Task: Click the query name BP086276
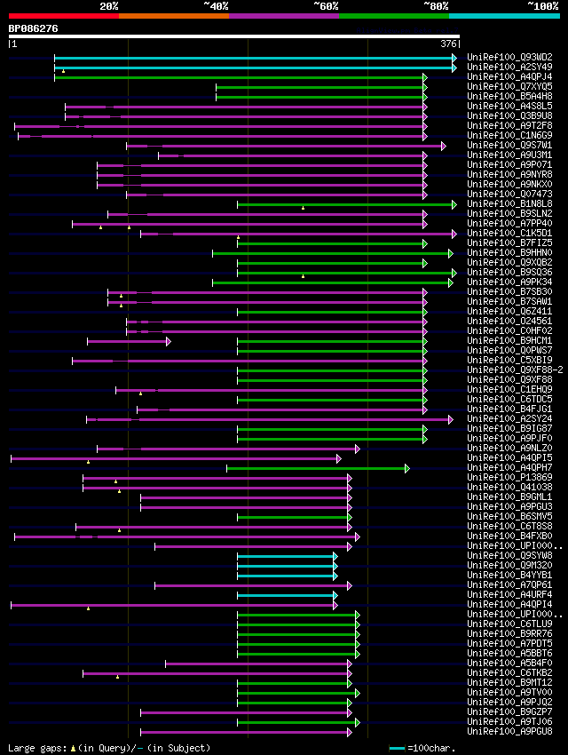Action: tap(33, 28)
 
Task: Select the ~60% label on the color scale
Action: tap(325, 5)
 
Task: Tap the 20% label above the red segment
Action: tap(108, 5)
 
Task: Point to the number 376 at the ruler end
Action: tap(448, 44)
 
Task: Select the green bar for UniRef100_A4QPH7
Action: tap(315, 468)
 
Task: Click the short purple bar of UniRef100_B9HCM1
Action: tap(127, 341)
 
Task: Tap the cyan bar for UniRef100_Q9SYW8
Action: tap(285, 556)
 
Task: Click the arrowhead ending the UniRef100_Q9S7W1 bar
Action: tap(443, 146)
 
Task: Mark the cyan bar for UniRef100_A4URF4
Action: tap(285, 595)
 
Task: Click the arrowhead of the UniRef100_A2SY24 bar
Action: tap(450, 419)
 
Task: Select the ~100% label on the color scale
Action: tap(542, 5)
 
